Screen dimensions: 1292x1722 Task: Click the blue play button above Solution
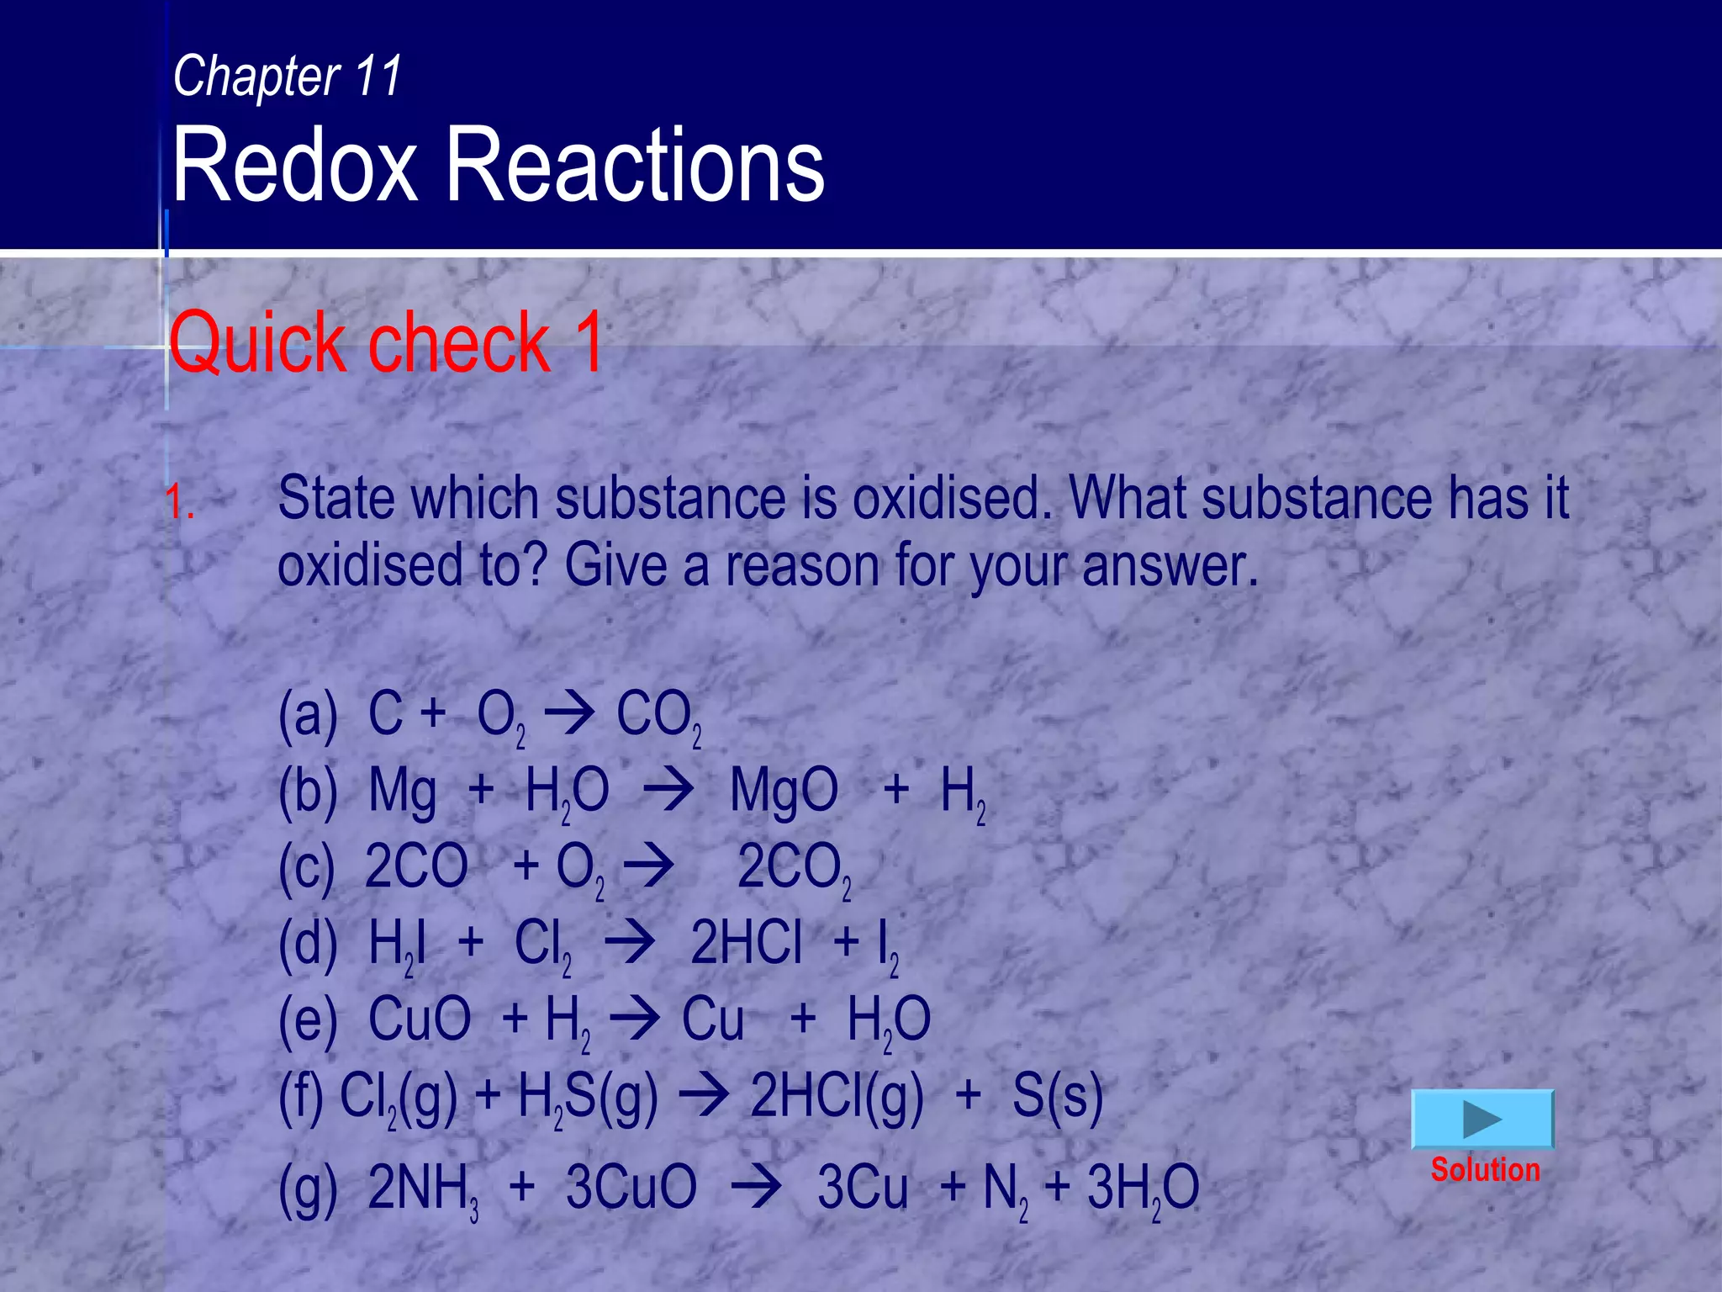click(1482, 1119)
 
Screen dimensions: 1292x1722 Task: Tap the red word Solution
click(1485, 1170)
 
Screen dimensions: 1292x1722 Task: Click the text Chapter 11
click(288, 76)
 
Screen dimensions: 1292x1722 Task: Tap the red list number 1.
click(179, 502)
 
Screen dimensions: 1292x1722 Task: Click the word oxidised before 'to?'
click(371, 565)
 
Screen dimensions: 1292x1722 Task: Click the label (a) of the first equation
click(308, 714)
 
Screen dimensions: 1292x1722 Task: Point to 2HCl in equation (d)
click(746, 943)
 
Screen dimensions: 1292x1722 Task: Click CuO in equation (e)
click(420, 1019)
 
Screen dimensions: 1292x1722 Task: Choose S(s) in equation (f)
click(1057, 1096)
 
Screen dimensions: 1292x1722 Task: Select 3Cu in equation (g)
click(863, 1188)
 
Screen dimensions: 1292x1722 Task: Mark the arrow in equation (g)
click(756, 1188)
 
